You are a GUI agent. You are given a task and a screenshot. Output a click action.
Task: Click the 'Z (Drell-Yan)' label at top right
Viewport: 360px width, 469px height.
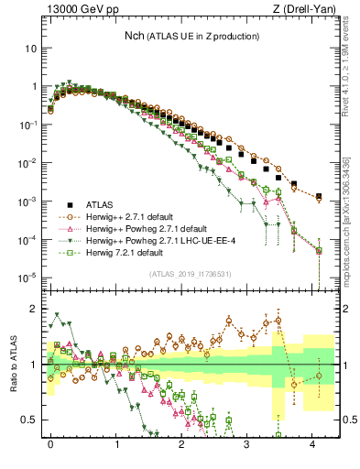(308, 10)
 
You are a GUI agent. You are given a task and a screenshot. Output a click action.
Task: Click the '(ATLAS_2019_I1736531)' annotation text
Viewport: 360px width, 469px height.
(193, 274)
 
